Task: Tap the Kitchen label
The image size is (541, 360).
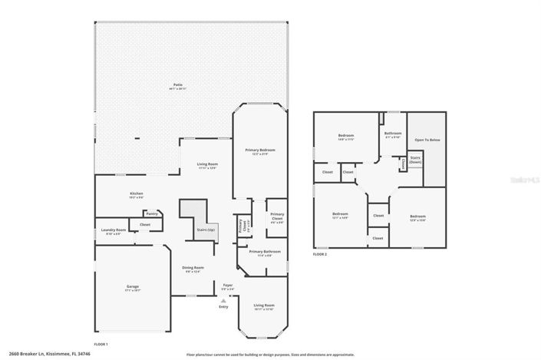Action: point(136,194)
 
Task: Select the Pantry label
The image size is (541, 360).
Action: point(152,213)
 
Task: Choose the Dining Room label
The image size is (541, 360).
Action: point(193,269)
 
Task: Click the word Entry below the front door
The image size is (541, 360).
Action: point(223,307)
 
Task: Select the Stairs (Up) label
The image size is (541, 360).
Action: point(205,229)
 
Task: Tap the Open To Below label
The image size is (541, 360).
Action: point(427,140)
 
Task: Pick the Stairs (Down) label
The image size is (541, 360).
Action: point(415,159)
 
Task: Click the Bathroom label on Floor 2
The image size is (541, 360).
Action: point(393,134)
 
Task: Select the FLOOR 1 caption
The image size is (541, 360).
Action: point(101,344)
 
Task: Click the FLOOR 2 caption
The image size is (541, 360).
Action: point(320,253)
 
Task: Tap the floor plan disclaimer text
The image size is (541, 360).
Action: point(270,355)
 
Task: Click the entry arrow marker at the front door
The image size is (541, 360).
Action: point(223,300)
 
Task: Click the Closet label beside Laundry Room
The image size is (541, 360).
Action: point(144,224)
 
